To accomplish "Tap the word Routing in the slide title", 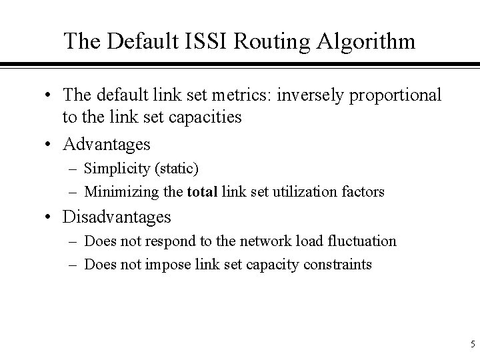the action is (x=262, y=41).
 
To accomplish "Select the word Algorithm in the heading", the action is (x=361, y=41).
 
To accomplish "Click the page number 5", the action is (x=472, y=345).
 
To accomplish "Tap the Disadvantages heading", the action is (x=117, y=217).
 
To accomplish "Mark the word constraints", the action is (x=339, y=263).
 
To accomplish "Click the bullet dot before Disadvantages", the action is (x=50, y=217).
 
